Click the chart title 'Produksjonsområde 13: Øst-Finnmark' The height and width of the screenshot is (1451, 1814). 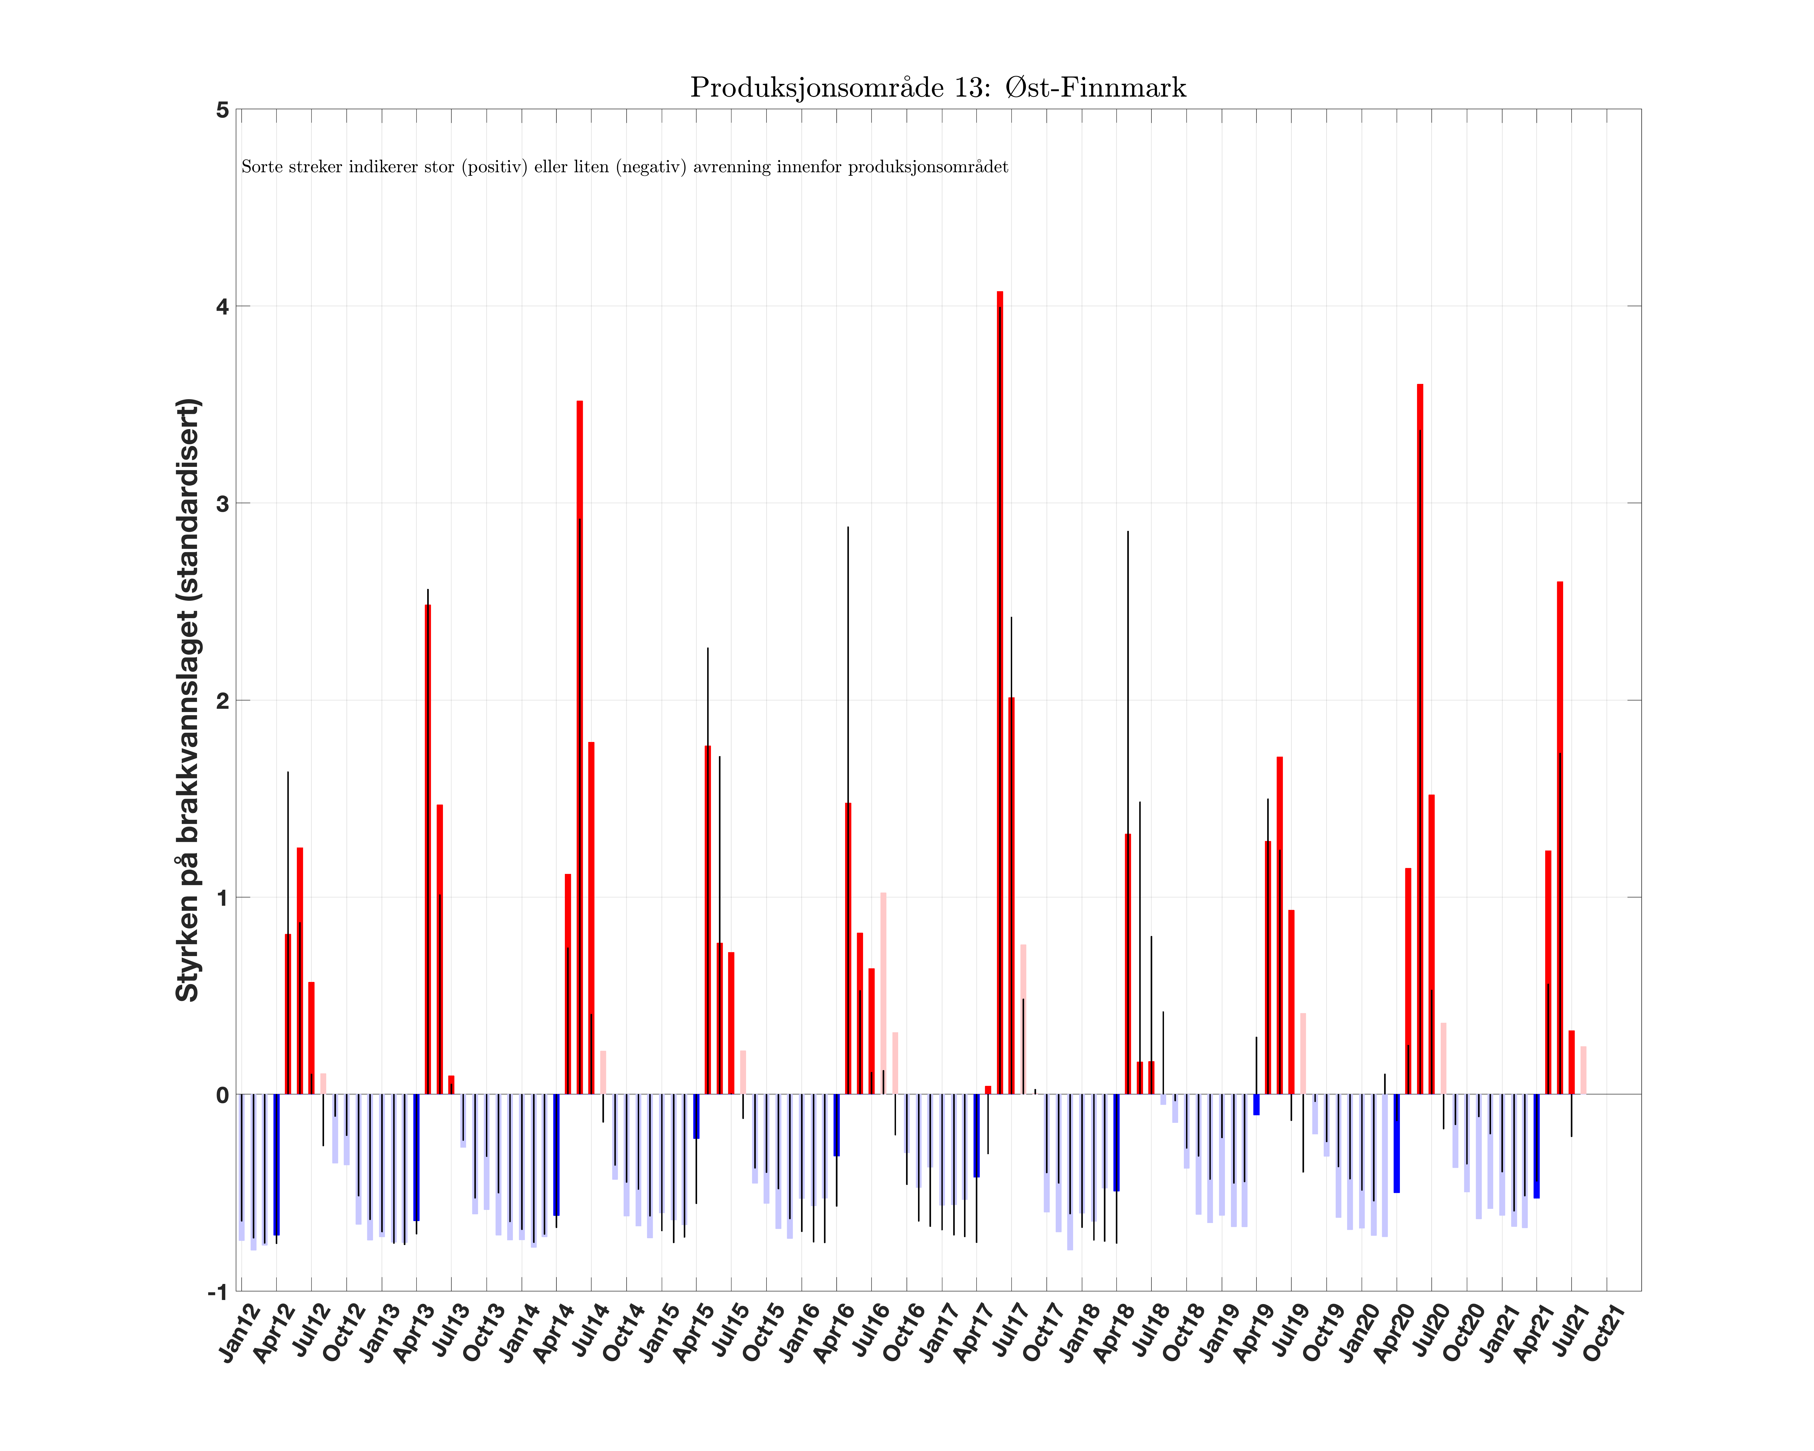[x=938, y=88]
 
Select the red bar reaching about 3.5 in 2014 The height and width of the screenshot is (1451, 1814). [x=580, y=749]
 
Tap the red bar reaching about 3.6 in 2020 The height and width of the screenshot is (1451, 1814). [x=1420, y=740]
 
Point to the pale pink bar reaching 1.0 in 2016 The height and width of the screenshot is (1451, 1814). [x=883, y=993]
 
